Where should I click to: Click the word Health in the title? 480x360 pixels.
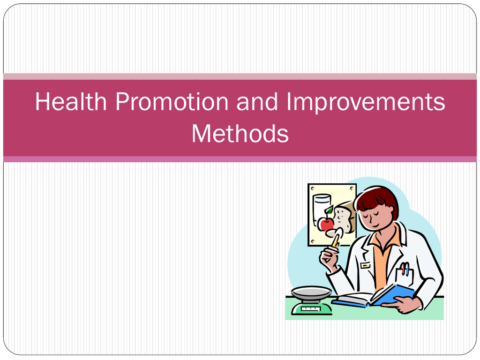(x=71, y=101)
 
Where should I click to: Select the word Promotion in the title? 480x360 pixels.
(x=172, y=101)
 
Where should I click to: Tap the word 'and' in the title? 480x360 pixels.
(x=257, y=101)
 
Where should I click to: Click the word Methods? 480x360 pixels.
(x=240, y=134)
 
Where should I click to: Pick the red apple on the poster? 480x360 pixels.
(x=326, y=225)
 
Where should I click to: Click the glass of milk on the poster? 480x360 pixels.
(x=322, y=208)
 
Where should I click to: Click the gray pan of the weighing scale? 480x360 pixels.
(x=311, y=292)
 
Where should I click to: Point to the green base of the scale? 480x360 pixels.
(x=312, y=307)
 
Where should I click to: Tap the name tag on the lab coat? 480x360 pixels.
(x=365, y=265)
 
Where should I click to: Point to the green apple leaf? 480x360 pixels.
(x=329, y=210)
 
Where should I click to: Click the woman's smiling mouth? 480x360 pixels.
(x=376, y=225)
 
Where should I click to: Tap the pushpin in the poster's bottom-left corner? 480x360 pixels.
(x=313, y=241)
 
